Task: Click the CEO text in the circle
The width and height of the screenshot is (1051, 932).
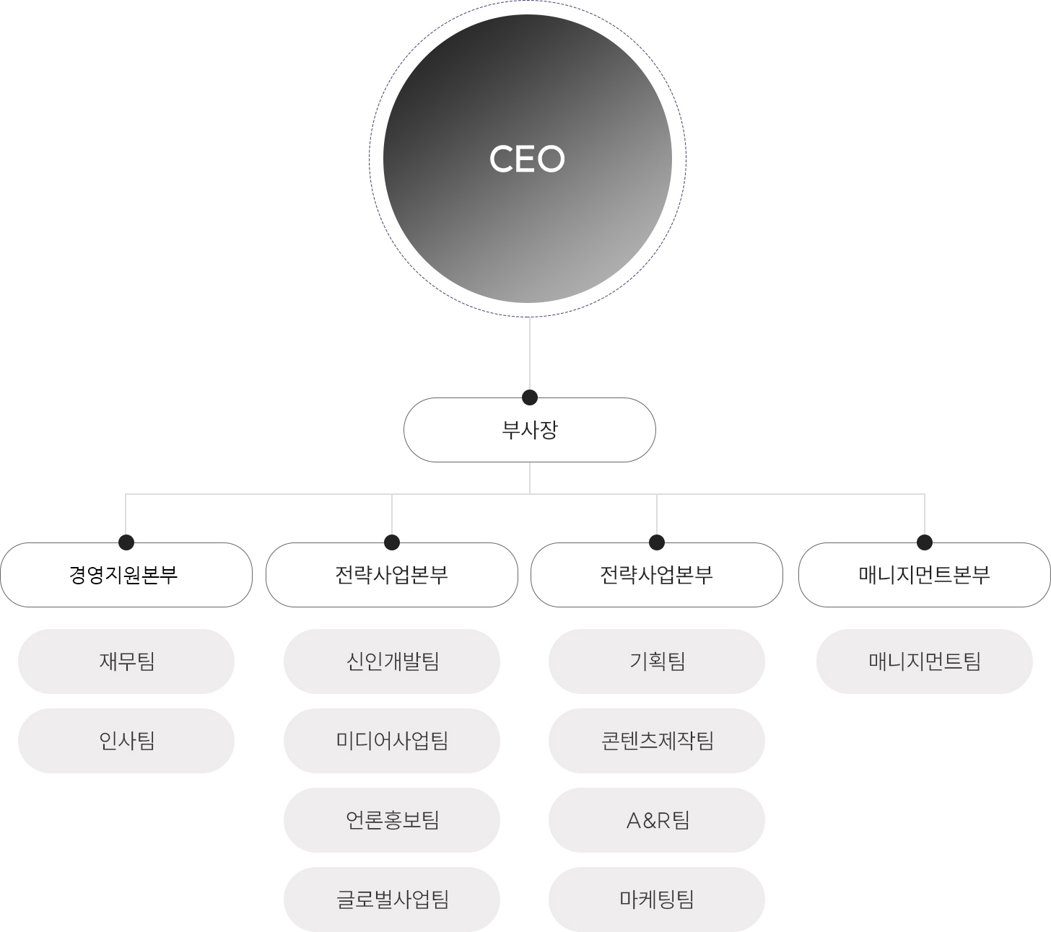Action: (527, 159)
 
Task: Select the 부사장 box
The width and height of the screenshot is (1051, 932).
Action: (530, 430)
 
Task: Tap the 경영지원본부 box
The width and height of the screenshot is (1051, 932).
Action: (126, 575)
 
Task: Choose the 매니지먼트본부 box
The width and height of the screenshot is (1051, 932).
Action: (925, 575)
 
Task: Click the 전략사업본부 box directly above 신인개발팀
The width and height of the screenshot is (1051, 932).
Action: (392, 575)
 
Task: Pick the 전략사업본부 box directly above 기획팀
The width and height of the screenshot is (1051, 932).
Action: (657, 575)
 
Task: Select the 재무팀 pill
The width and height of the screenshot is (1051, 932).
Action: (126, 661)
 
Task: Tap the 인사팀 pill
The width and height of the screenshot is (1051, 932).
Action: (126, 741)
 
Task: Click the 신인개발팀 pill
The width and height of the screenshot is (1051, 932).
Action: (392, 661)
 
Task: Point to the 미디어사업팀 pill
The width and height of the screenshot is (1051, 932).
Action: (392, 741)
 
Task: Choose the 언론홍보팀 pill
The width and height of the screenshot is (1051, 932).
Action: (392, 820)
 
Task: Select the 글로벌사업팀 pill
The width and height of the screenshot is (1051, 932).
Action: (392, 900)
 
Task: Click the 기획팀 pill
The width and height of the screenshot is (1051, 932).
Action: (657, 661)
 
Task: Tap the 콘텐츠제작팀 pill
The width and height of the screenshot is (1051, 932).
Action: (657, 741)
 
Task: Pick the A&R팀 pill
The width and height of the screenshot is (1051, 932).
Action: (657, 820)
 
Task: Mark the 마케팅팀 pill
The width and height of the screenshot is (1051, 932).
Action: (657, 900)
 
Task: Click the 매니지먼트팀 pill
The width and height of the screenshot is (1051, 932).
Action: (925, 661)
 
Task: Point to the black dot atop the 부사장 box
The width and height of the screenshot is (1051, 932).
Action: (530, 397)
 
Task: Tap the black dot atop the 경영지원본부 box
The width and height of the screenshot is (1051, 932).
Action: (126, 542)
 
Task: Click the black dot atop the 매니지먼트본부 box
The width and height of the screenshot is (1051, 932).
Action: (925, 542)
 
